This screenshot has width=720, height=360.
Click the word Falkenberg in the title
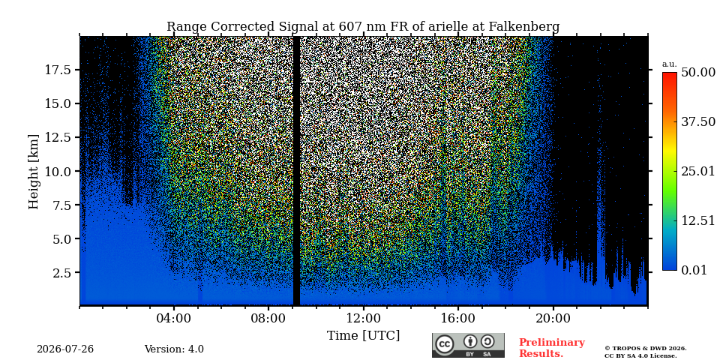coord(523,27)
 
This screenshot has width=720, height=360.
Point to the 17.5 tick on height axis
coord(58,70)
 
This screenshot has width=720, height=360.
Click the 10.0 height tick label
coord(58,171)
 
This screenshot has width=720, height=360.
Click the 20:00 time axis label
coord(553,318)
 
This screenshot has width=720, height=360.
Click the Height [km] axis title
coord(34,171)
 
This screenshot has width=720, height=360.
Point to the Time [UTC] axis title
coord(363,335)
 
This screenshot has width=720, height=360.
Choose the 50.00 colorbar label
coord(698,73)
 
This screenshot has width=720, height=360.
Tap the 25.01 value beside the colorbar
coord(698,171)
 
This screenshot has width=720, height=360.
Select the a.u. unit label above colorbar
coord(670,64)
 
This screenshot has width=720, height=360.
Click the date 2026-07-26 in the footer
coord(65,349)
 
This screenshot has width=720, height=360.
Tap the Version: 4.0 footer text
coord(174,349)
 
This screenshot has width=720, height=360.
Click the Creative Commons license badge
coord(468,345)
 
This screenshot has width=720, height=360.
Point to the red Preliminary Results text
coord(552,348)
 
